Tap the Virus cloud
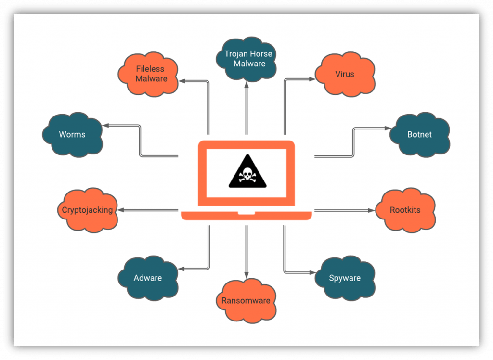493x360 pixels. pos(345,74)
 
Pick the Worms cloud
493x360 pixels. pos(72,134)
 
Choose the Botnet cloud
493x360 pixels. pos(419,134)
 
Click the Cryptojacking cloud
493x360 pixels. pos(88,210)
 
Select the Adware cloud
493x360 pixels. pos(148,278)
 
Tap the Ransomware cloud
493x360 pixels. pos(246,300)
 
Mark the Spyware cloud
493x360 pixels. pos(345,278)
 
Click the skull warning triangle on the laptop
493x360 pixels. pos(246,171)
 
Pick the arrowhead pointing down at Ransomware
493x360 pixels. pos(246,275)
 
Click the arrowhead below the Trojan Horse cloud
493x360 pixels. pos(246,85)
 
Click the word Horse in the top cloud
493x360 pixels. pos(260,54)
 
